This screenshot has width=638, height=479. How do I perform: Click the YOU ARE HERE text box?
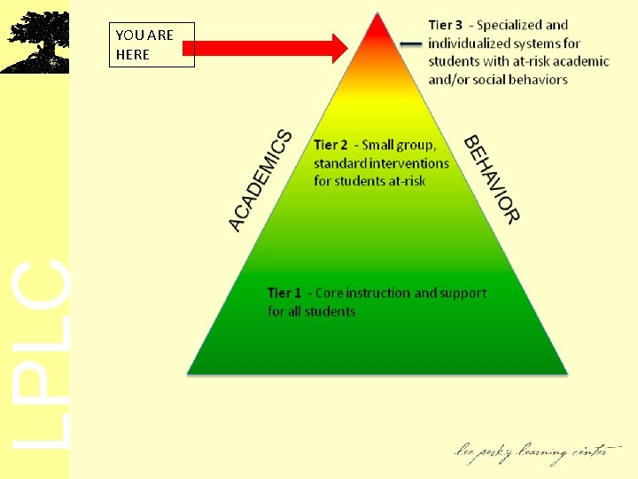pos(150,45)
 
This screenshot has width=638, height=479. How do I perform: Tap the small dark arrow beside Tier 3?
pos(409,42)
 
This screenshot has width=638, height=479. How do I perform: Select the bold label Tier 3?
pos(446,25)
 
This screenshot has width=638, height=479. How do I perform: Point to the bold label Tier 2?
pos(331,145)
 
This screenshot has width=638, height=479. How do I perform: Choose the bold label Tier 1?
pos(284,293)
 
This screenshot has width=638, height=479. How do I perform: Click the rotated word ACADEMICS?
pos(261,180)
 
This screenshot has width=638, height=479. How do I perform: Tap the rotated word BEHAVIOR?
pos(492,178)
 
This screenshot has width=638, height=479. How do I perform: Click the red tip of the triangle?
pos(377,27)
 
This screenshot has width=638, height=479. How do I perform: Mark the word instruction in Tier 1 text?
pos(381,293)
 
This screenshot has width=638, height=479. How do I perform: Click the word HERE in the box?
pos(133,54)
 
